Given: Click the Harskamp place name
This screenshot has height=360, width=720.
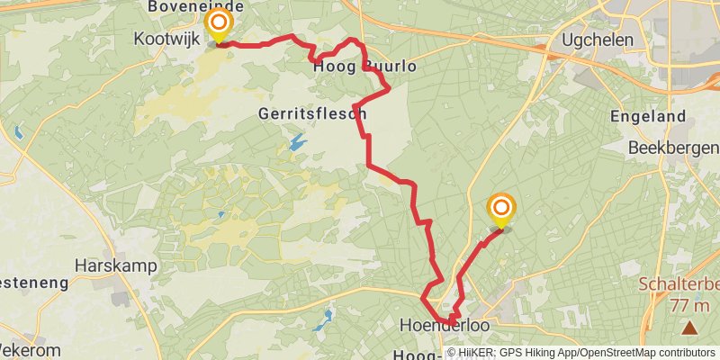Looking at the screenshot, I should coord(116,266).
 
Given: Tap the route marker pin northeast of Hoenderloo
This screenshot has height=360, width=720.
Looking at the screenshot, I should coord(501,209).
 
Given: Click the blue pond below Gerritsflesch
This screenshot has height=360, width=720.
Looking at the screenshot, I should coord(296,142).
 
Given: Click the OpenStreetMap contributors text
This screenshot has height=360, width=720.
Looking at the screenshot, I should coord(646,353).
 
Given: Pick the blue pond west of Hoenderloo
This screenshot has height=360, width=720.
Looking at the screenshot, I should coord(325,317).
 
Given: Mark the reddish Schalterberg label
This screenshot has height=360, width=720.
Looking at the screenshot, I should coord(680,285).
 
